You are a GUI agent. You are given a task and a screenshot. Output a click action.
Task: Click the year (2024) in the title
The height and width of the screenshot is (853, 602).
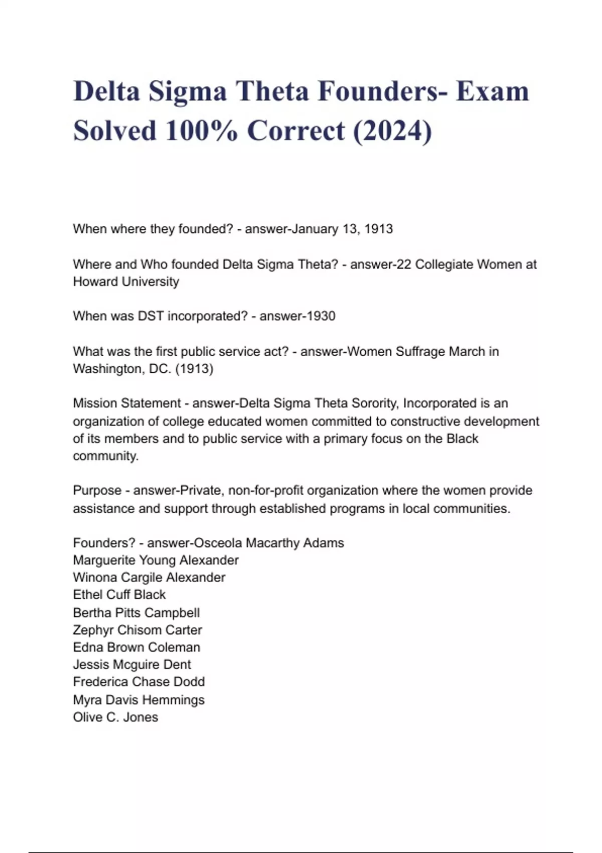tap(392, 131)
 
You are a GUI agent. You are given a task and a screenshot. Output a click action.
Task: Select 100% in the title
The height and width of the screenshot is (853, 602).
tap(201, 131)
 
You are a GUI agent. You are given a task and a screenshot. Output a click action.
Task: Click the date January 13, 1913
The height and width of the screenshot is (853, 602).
tap(342, 229)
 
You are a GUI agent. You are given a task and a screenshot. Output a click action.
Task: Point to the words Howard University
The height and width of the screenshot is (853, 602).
tap(126, 281)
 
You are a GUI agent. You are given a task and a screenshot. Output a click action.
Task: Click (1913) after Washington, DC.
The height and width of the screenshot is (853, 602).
tap(194, 369)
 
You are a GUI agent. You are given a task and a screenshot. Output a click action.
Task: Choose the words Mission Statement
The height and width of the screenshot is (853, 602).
tap(126, 403)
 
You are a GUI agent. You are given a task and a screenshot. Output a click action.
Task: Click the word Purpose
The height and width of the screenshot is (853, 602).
tap(97, 490)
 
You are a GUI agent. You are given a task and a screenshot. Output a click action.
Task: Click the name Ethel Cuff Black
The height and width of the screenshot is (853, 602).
tap(119, 595)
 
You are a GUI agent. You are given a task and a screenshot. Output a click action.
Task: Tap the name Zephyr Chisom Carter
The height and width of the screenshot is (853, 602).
tap(137, 630)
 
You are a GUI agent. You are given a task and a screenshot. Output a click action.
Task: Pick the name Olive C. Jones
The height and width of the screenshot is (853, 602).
tap(115, 717)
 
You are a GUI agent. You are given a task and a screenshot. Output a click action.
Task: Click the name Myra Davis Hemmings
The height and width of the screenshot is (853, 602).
tap(138, 699)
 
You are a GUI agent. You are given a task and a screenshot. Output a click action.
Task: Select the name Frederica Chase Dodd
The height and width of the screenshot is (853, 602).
tap(138, 681)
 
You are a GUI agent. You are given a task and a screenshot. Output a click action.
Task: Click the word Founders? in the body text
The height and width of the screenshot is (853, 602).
tap(104, 543)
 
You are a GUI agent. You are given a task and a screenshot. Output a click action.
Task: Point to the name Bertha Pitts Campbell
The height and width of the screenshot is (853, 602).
tap(136, 613)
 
